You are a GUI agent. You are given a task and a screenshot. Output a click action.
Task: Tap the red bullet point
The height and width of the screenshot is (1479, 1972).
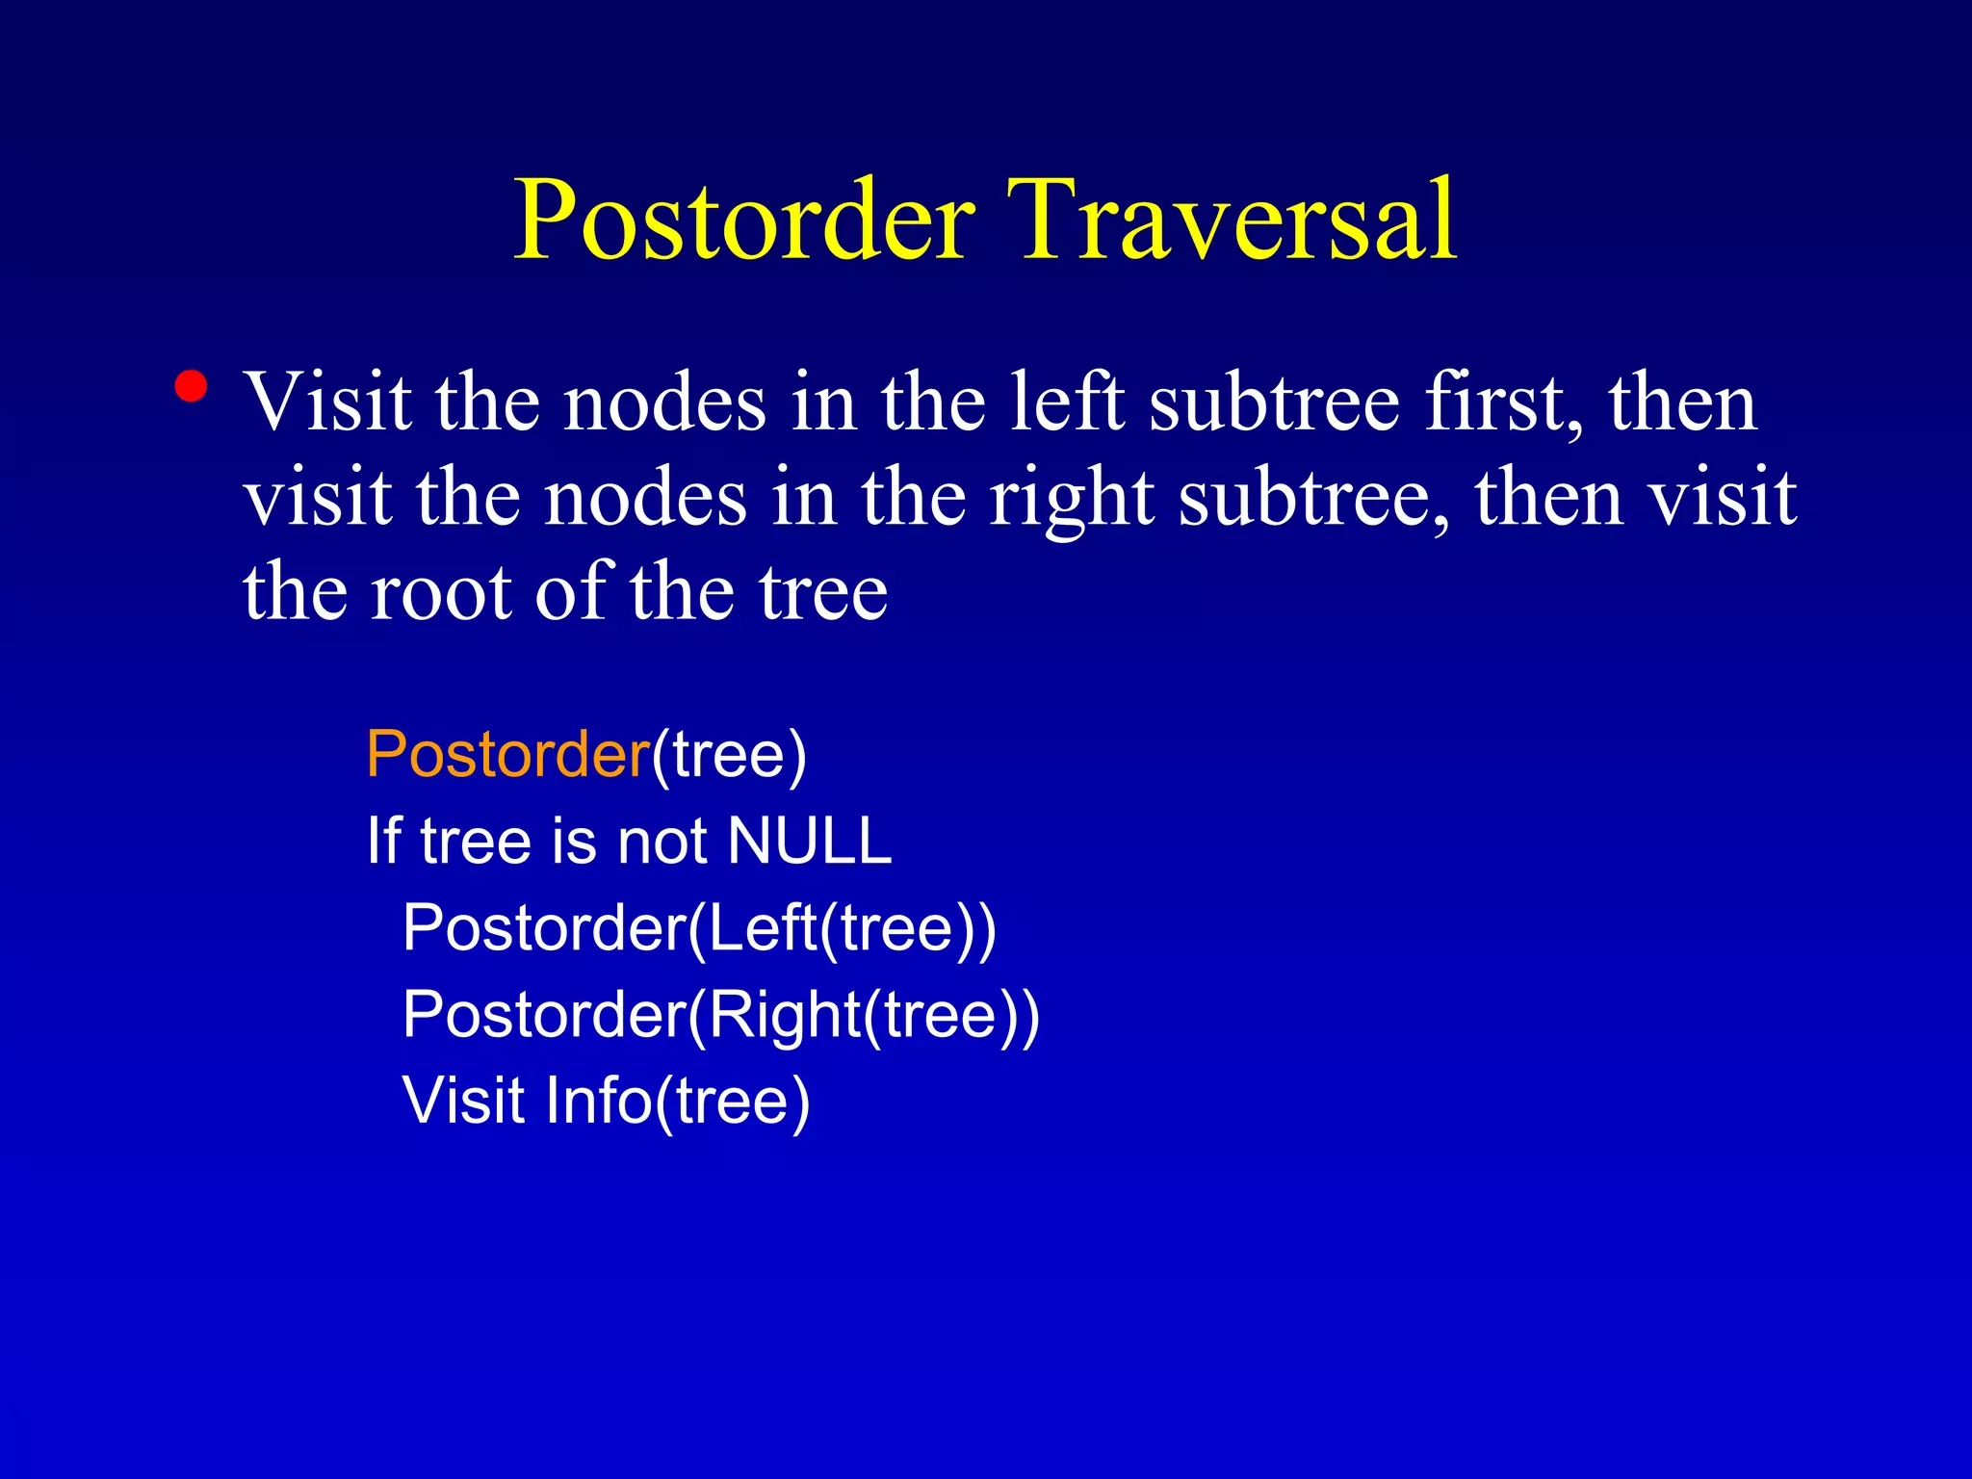(192, 386)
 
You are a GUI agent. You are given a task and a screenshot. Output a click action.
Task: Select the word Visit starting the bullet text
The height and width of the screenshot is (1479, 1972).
(328, 402)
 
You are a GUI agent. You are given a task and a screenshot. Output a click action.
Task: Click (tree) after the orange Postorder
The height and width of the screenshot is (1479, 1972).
(729, 756)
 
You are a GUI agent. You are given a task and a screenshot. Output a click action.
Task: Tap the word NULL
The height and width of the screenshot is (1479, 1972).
(810, 841)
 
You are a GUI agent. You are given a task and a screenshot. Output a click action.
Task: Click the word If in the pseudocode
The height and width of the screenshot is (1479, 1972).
(383, 841)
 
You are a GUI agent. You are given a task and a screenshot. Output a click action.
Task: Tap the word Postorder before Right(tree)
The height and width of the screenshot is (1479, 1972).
(544, 1015)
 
